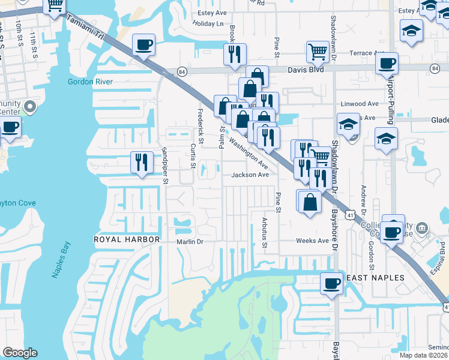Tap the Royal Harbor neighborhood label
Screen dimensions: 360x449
[127, 239]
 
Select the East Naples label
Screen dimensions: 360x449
[376, 278]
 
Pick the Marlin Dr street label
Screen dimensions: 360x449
[190, 242]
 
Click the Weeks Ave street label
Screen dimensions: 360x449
[312, 241]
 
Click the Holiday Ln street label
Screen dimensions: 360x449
[208, 23]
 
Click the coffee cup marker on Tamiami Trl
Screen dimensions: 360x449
[143, 46]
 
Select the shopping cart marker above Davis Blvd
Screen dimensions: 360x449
[317, 52]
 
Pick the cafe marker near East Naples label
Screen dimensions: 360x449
[331, 284]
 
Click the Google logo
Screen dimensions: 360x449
[20, 353]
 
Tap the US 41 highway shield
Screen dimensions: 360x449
[350, 213]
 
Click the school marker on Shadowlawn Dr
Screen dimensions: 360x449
[348, 125]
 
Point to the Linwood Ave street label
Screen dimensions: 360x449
[360, 103]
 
